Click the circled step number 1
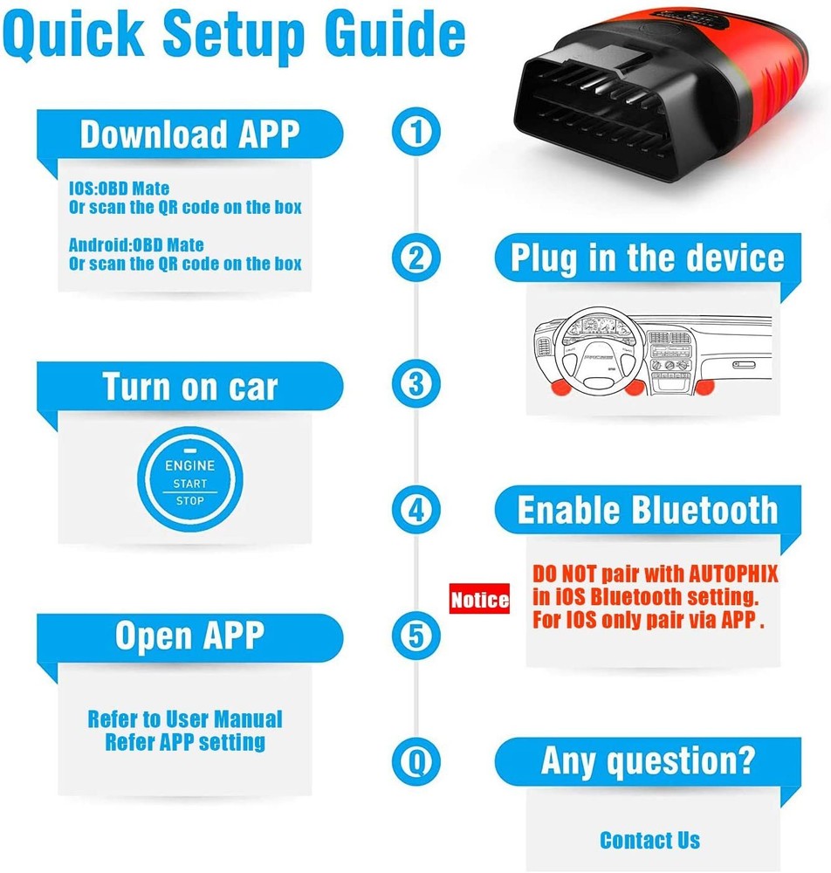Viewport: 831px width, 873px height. point(416,133)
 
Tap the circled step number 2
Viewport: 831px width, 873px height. point(416,258)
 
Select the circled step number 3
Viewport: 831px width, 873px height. point(416,382)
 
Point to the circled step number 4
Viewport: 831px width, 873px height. point(416,508)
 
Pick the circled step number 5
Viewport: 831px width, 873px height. point(416,635)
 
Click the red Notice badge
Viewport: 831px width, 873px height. point(479,600)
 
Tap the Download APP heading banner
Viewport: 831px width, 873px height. point(189,134)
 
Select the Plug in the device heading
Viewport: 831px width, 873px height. point(647,258)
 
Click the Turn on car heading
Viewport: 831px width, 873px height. point(189,386)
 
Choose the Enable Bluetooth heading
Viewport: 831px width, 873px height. point(647,511)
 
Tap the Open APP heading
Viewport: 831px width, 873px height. point(189,636)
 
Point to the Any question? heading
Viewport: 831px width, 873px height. point(647,760)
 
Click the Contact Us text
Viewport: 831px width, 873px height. point(649,840)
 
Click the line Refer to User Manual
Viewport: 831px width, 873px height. point(185,719)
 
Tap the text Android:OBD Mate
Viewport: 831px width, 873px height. point(136,245)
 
